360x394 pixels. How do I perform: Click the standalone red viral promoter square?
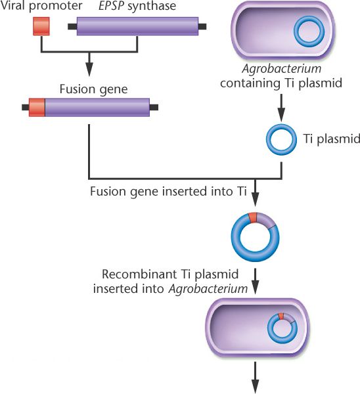pos(41,26)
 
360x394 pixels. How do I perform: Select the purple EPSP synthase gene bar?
pos(137,26)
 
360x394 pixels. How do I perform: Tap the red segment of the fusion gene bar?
pos(37,107)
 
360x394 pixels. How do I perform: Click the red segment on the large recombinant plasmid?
pos(252,217)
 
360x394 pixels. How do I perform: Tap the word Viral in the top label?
pos(13,5)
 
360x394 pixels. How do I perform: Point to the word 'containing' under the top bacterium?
pos(250,83)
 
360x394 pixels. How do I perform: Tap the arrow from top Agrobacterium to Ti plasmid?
pos(281,108)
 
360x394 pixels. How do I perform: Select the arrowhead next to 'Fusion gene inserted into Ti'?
pos(255,200)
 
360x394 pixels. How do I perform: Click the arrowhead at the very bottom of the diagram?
pos(255,387)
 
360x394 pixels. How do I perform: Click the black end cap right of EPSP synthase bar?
pos(202,26)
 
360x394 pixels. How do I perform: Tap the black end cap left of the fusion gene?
pos(26,107)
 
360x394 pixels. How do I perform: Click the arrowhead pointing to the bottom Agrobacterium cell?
pos(255,287)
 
